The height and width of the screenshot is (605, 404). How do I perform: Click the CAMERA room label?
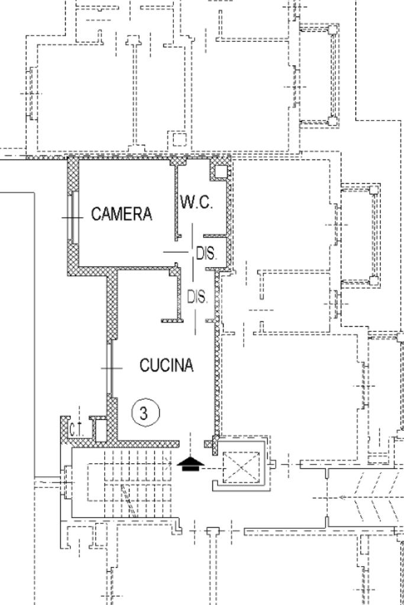click(122, 213)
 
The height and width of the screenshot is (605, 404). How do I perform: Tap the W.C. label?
click(196, 201)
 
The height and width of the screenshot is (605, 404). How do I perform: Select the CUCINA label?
click(166, 365)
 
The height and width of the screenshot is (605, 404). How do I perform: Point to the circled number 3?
click(146, 413)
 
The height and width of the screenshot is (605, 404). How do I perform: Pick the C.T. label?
click(77, 430)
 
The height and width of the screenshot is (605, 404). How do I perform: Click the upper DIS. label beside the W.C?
click(207, 253)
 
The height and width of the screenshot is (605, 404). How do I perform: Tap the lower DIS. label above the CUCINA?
click(198, 297)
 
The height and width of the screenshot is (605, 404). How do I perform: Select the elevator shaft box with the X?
click(241, 467)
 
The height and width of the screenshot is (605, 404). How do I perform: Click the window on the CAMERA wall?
click(73, 217)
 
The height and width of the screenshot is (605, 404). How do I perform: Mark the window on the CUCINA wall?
click(110, 368)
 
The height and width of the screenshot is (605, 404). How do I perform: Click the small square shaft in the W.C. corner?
click(220, 171)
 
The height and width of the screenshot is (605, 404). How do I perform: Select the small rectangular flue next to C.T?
click(100, 430)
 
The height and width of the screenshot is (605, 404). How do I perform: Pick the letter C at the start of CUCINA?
click(144, 365)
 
